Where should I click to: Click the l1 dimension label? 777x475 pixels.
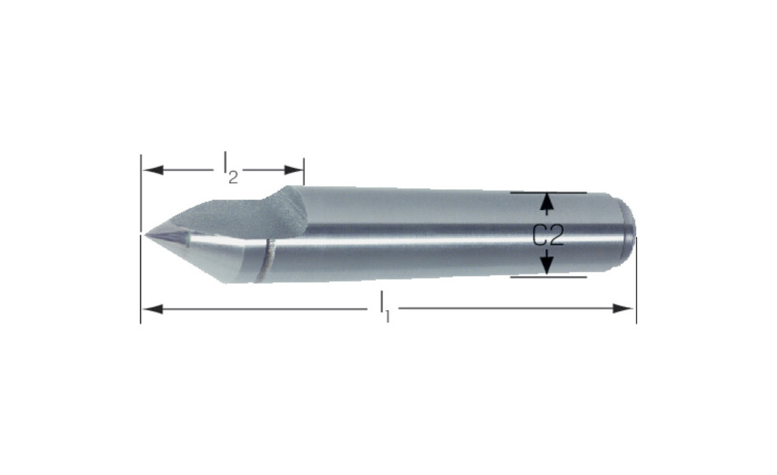(x=385, y=307)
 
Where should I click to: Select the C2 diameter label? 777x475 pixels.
(x=548, y=235)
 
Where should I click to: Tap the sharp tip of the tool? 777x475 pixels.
(x=146, y=234)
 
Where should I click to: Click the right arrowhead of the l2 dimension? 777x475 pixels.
(x=294, y=170)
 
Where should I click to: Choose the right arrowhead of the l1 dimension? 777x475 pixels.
(x=623, y=309)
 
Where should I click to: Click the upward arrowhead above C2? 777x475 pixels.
(x=546, y=202)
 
